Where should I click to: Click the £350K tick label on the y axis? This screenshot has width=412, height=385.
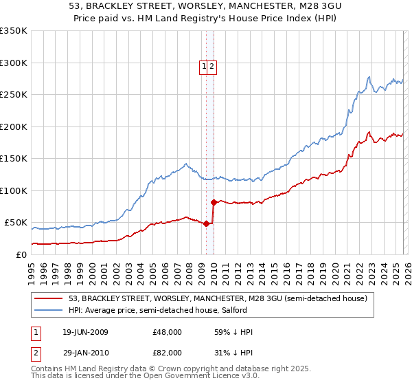[x=13, y=31]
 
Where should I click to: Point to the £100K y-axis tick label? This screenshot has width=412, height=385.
[x=13, y=190]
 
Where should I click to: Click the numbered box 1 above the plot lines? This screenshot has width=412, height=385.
[x=205, y=67]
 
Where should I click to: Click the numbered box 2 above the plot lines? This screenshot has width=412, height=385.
[x=213, y=67]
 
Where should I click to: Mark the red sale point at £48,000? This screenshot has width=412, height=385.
[x=207, y=223]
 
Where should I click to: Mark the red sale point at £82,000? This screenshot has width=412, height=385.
[x=214, y=202]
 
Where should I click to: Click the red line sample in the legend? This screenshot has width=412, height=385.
[x=49, y=298]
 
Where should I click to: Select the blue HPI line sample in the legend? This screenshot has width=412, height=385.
[x=49, y=310]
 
